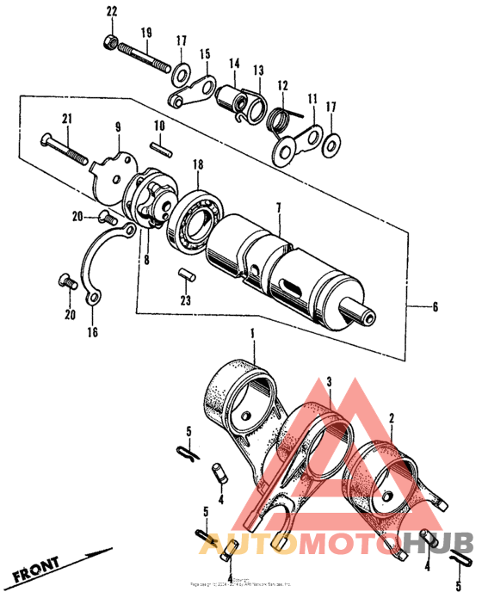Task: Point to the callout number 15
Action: point(205,53)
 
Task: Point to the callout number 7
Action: point(278,208)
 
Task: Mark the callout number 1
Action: point(253,333)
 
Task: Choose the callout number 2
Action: point(391,416)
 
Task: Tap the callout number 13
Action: point(257,70)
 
